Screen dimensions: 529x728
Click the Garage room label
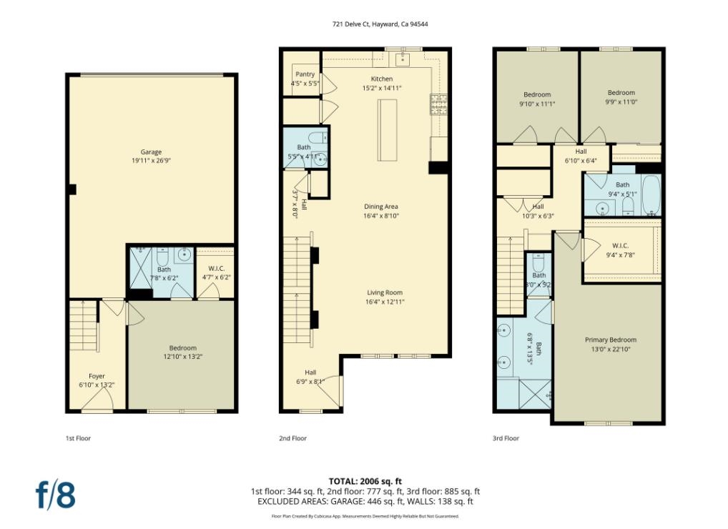coord(151,152)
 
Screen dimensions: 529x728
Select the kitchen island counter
coord(388,131)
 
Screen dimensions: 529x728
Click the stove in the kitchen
coord(438,105)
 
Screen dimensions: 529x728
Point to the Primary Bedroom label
coord(610,340)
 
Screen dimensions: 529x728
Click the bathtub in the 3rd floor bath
coord(651,195)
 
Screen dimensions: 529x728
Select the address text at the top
coord(380,24)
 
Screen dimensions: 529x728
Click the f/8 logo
coord(56,495)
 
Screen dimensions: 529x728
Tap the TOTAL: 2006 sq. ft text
coord(365,481)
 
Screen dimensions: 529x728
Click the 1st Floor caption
coord(78,438)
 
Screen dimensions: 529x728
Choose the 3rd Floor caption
coord(506,438)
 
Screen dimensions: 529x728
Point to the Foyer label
coord(97,376)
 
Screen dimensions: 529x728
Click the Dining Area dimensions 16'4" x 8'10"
coord(381,215)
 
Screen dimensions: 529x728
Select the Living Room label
coord(385,292)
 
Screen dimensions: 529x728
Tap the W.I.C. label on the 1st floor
coord(215,268)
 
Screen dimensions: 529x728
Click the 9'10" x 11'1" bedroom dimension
coord(536,104)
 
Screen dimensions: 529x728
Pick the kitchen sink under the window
coord(403,56)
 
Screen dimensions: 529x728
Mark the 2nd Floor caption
coord(292,438)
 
